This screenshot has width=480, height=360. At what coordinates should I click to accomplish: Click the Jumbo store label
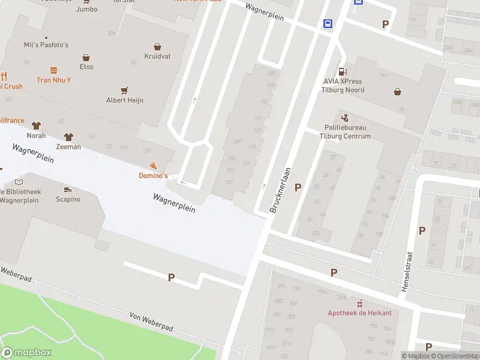tap(86, 9)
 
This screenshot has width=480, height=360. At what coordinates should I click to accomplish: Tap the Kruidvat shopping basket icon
tap(157, 46)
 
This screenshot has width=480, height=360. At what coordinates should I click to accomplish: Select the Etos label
tap(86, 68)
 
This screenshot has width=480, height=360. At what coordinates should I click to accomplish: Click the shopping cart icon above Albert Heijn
tap(124, 91)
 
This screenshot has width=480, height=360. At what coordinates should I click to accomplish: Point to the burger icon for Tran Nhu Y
tap(53, 70)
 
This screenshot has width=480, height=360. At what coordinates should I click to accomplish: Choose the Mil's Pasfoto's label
tap(46, 45)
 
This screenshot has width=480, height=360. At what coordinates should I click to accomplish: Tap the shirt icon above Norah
tap(36, 125)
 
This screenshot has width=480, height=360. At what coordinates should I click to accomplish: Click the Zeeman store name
tap(68, 147)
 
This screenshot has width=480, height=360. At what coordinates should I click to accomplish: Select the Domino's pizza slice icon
tap(154, 165)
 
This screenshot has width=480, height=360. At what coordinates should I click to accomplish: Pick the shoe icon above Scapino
tap(68, 189)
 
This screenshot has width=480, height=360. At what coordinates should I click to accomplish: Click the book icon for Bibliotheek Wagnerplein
tap(19, 182)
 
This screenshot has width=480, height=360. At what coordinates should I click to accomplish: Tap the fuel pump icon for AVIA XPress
tap(343, 71)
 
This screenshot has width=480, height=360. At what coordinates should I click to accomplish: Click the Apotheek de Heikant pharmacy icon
tap(360, 303)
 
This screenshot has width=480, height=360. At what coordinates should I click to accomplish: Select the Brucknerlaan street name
tap(280, 191)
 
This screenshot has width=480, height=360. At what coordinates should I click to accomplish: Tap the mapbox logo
tap(26, 352)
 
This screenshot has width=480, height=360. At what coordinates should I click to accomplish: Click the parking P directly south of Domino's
tap(171, 277)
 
